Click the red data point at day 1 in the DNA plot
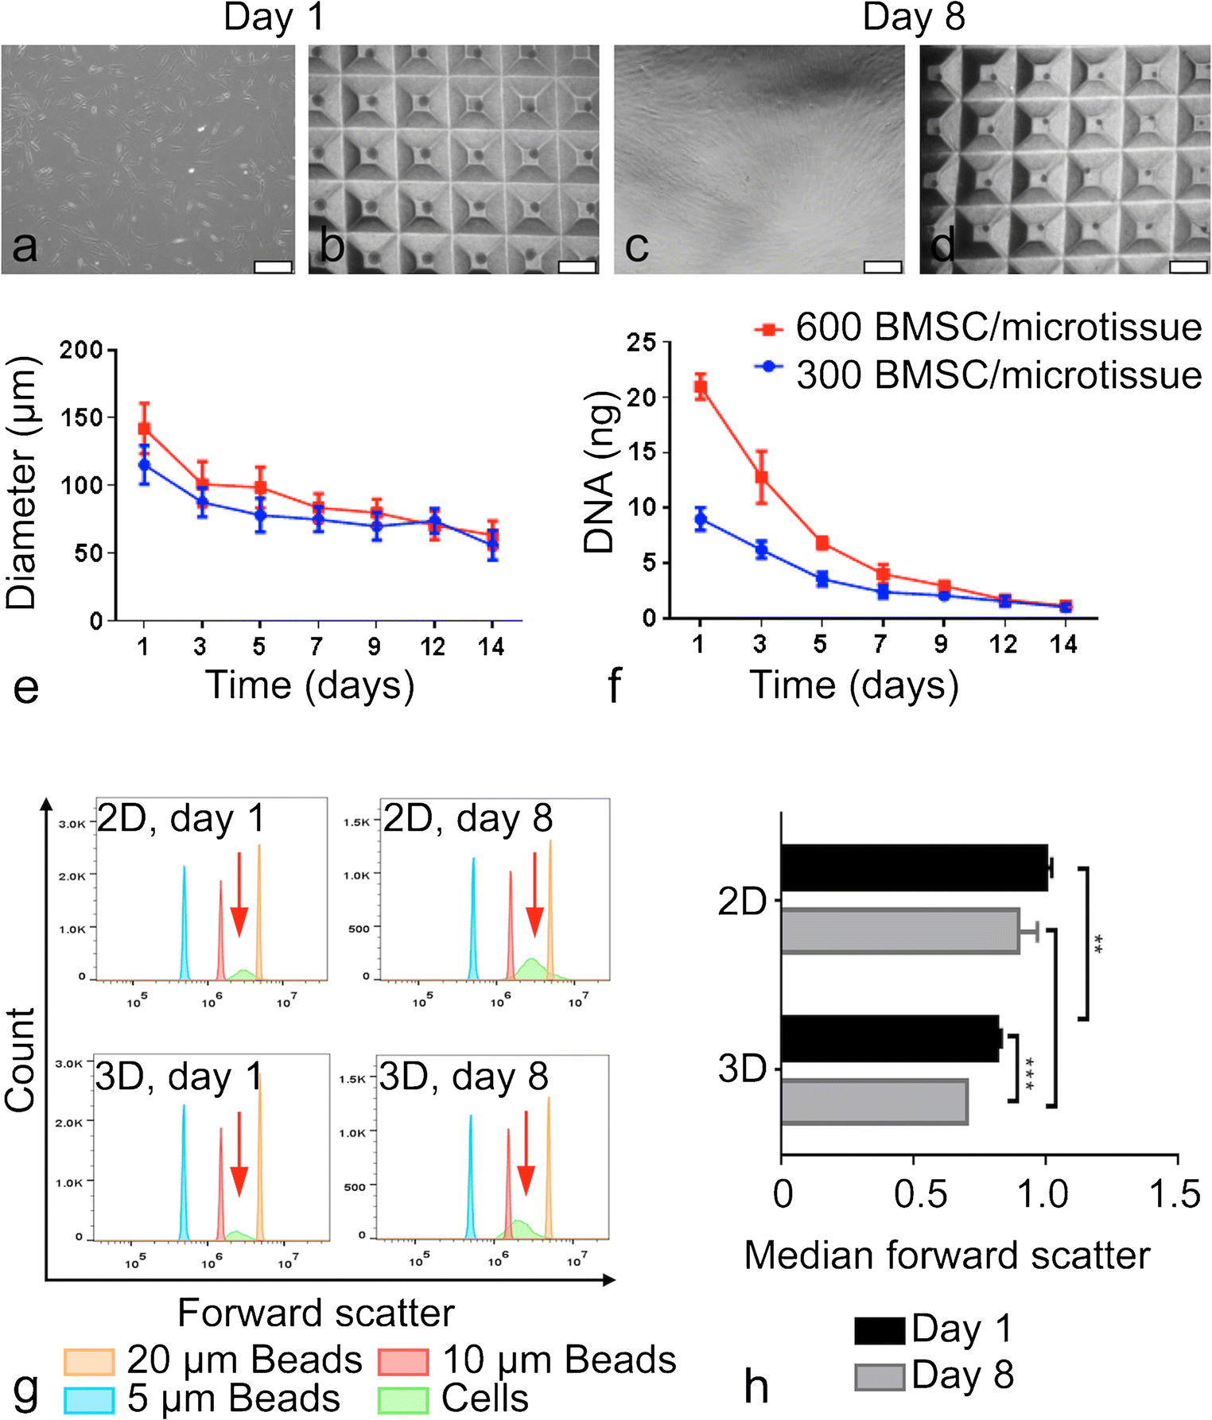pyautogui.click(x=700, y=388)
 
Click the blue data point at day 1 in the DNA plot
pyautogui.click(x=700, y=520)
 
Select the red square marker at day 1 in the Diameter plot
pyautogui.click(x=144, y=429)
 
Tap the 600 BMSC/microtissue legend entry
pyautogui.click(x=978, y=328)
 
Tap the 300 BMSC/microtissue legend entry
pyautogui.click(x=978, y=374)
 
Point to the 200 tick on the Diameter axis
pyautogui.click(x=83, y=350)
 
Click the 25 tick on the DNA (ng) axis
pyautogui.click(x=641, y=343)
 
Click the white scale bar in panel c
pyautogui.click(x=882, y=267)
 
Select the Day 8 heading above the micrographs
pyautogui.click(x=914, y=17)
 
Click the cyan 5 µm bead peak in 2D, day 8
pyautogui.click(x=474, y=922)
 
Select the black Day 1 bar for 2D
pyautogui.click(x=914, y=867)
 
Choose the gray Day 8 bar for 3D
pyautogui.click(x=874, y=1101)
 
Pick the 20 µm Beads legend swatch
pyautogui.click(x=89, y=1360)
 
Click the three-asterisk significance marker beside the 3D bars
pyautogui.click(x=1029, y=1073)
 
